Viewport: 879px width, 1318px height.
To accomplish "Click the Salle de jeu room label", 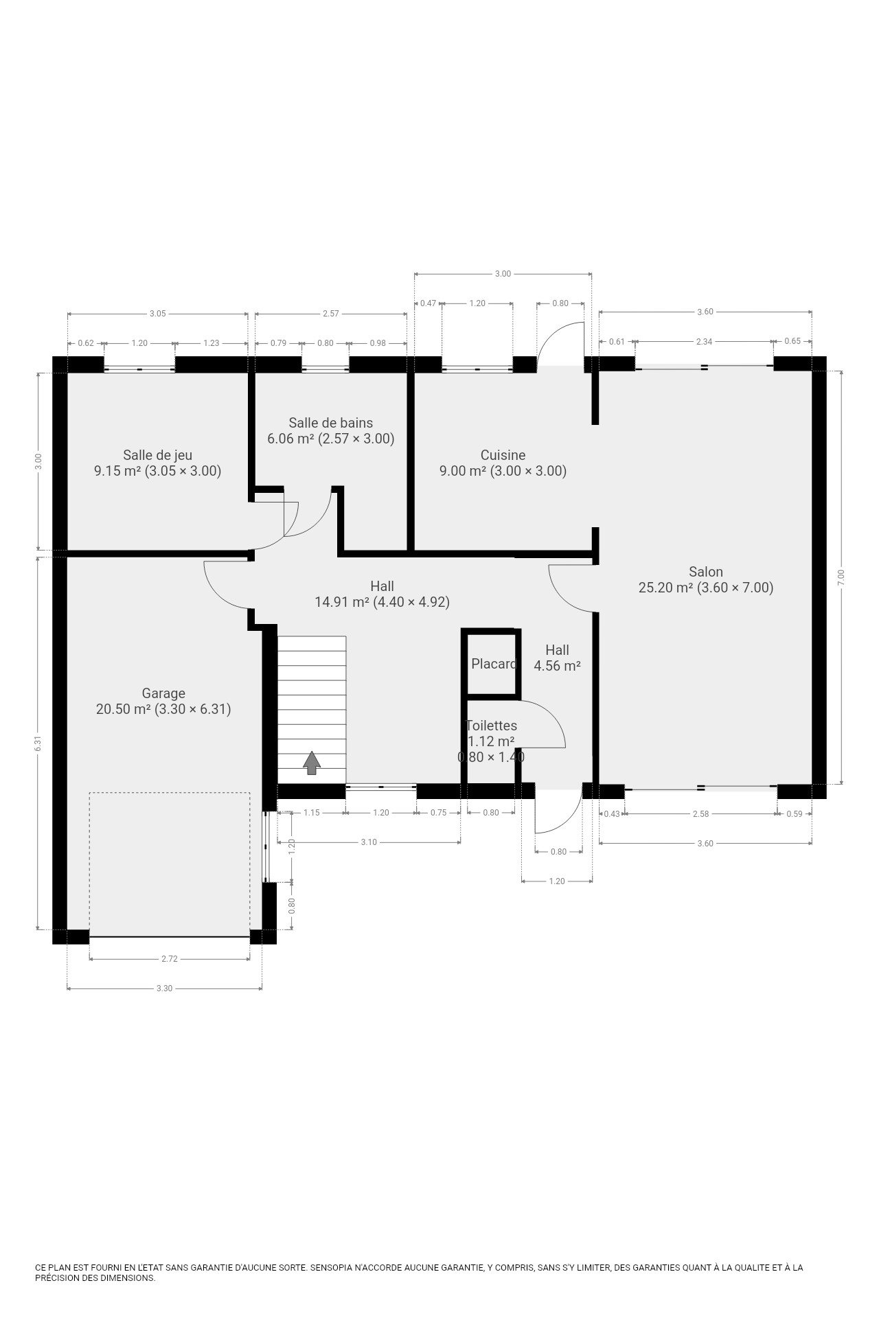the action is click(157, 455).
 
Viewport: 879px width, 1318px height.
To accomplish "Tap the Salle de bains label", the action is click(331, 423).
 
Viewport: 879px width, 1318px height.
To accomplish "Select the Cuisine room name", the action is click(503, 455).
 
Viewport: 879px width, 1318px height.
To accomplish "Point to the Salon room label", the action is click(706, 572).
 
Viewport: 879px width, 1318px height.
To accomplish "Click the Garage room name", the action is click(163, 693).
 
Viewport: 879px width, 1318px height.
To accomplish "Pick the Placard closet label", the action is click(494, 664).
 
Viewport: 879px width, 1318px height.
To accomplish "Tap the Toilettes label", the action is click(492, 726).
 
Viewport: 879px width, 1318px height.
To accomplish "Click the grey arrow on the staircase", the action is click(312, 763).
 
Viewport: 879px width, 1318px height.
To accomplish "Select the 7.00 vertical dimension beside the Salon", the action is click(841, 577).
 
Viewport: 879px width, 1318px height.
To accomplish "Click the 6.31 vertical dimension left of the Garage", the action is click(38, 743).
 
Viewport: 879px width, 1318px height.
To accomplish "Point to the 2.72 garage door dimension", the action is click(170, 959).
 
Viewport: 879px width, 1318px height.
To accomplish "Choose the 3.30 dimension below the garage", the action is click(164, 988).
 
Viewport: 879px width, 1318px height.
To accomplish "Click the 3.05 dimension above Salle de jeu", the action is click(158, 314).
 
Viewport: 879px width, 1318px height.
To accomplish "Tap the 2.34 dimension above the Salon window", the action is click(704, 341).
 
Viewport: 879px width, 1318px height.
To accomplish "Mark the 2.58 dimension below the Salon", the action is click(700, 814).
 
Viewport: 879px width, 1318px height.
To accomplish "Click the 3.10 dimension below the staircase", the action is click(369, 842).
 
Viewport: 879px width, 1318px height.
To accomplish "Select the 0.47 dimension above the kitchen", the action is click(428, 303).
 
